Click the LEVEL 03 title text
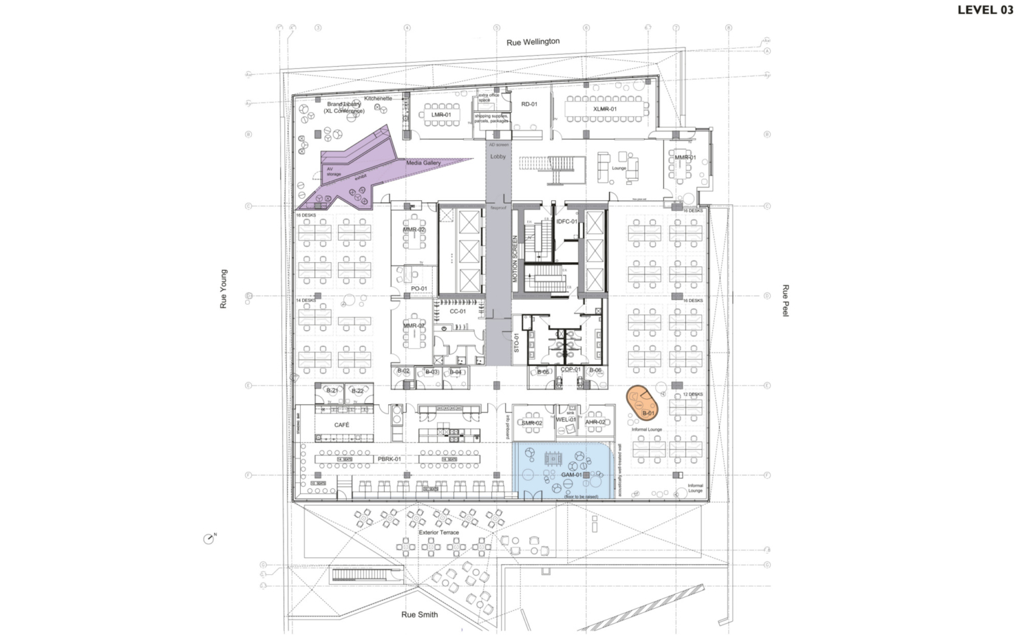(985, 9)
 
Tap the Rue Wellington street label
(533, 42)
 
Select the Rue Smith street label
(419, 614)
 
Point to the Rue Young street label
(224, 289)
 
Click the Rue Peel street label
(785, 300)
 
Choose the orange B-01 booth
(643, 402)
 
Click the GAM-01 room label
(571, 475)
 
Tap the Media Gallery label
(423, 163)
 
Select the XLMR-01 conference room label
(605, 109)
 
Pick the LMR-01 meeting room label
(441, 115)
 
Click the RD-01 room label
(529, 104)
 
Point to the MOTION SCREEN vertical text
(515, 259)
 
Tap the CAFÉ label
(341, 425)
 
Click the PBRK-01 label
(389, 459)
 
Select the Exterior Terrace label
(439, 532)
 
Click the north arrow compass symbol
(209, 538)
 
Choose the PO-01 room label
(419, 289)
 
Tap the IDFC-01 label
(566, 221)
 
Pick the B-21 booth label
(331, 391)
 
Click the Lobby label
(498, 157)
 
